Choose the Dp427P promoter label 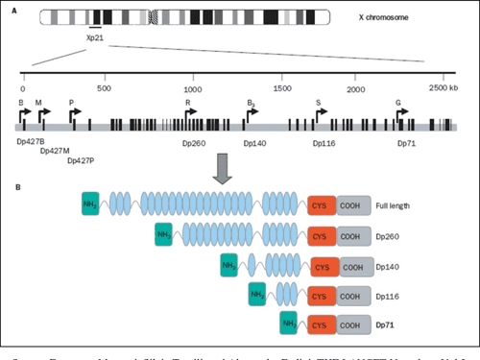point(82,159)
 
